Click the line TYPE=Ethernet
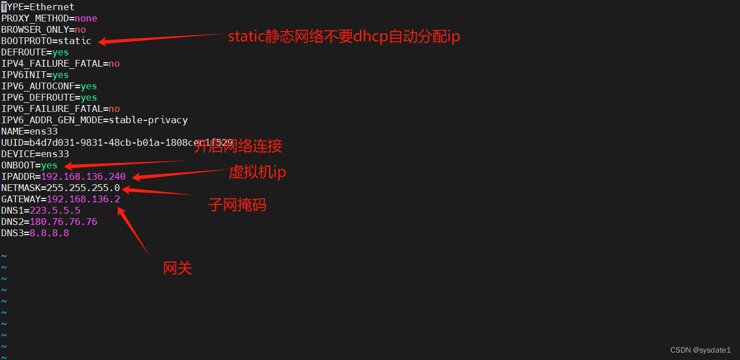click(38, 7)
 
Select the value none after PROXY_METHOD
click(86, 19)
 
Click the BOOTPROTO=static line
click(46, 41)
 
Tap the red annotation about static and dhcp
click(344, 37)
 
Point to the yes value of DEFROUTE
click(60, 53)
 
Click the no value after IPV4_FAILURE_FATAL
click(114, 64)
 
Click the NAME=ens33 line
click(29, 132)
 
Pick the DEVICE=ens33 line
click(35, 154)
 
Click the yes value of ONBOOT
click(49, 166)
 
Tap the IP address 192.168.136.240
click(83, 177)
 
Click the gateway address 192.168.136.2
click(83, 199)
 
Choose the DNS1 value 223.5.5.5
click(55, 211)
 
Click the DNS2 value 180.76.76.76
click(63, 222)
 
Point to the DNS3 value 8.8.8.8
click(49, 233)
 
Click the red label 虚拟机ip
click(257, 172)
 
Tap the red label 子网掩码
click(237, 205)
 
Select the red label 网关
click(178, 268)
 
